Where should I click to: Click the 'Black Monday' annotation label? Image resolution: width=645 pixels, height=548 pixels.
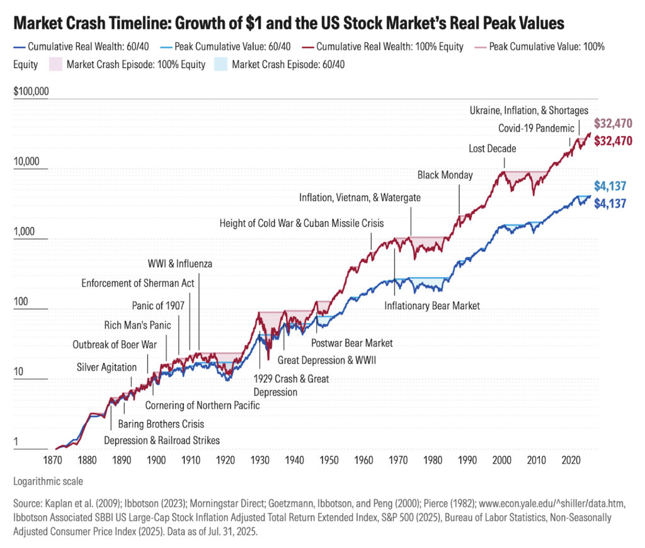pos(445,174)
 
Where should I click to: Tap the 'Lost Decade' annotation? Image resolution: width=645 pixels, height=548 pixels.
pos(493,149)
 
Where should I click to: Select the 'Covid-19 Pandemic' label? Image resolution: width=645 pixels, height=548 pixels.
pos(536,128)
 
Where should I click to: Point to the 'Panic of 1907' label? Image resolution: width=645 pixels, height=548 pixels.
pos(157,305)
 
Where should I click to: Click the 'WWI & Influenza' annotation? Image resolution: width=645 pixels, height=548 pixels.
pos(180,263)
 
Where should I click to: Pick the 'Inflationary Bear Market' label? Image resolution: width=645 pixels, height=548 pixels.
pos(432,305)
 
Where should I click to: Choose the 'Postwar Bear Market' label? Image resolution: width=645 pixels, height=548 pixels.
pos(352,343)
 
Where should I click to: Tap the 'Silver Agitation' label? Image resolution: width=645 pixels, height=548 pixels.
pos(106,367)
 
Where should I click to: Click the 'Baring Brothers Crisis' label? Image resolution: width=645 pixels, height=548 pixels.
pos(161,424)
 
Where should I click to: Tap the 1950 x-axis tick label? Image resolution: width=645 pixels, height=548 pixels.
pos(328,460)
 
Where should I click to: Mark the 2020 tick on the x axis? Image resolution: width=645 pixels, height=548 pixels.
pos(569,460)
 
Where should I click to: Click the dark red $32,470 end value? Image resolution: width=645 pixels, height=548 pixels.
pos(613,141)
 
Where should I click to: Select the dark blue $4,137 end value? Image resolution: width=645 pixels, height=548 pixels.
pos(613,203)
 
